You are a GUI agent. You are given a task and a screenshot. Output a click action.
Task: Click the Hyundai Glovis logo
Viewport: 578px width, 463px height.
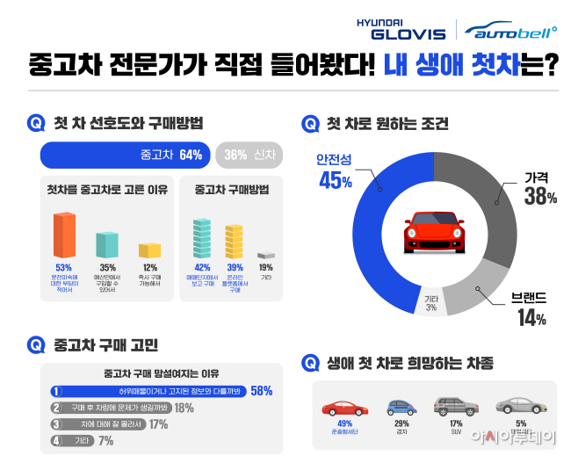pos(401,29)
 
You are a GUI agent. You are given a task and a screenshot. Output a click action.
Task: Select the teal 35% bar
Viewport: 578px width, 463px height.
pos(106,244)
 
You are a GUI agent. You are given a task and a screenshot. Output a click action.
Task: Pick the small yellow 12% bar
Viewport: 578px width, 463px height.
pos(149,250)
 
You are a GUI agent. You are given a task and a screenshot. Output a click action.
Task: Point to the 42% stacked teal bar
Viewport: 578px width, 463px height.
pos(202,239)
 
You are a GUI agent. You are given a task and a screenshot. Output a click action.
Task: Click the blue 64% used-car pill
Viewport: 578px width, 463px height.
pos(125,156)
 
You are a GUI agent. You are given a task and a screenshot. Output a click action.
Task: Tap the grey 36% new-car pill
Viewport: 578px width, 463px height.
pos(248,156)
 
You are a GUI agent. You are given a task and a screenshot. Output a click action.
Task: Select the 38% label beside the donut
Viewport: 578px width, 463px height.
pos(540,198)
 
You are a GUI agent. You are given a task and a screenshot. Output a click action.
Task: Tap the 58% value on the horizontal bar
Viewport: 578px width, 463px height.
pos(261,390)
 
